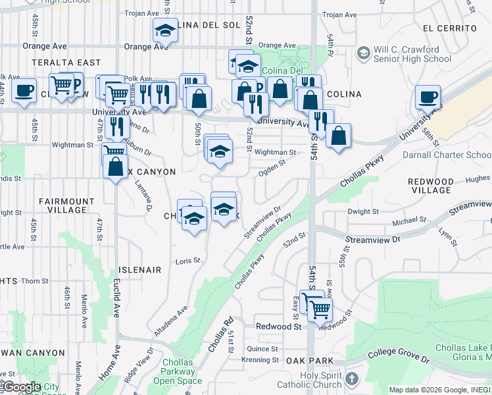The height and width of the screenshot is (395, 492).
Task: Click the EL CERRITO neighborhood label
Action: point(450,28)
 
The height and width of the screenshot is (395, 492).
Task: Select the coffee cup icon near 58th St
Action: point(428,98)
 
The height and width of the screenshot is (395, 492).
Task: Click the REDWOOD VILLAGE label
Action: point(431,186)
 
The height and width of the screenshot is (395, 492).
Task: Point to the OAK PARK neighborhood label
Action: point(309,361)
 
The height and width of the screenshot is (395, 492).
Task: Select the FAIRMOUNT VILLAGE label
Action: point(63,205)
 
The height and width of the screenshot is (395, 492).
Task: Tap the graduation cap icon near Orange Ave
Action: point(164,30)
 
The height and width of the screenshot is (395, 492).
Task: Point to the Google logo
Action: point(21,387)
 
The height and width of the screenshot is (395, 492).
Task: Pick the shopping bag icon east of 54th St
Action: point(338,136)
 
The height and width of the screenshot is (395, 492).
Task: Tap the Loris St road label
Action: point(187,261)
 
